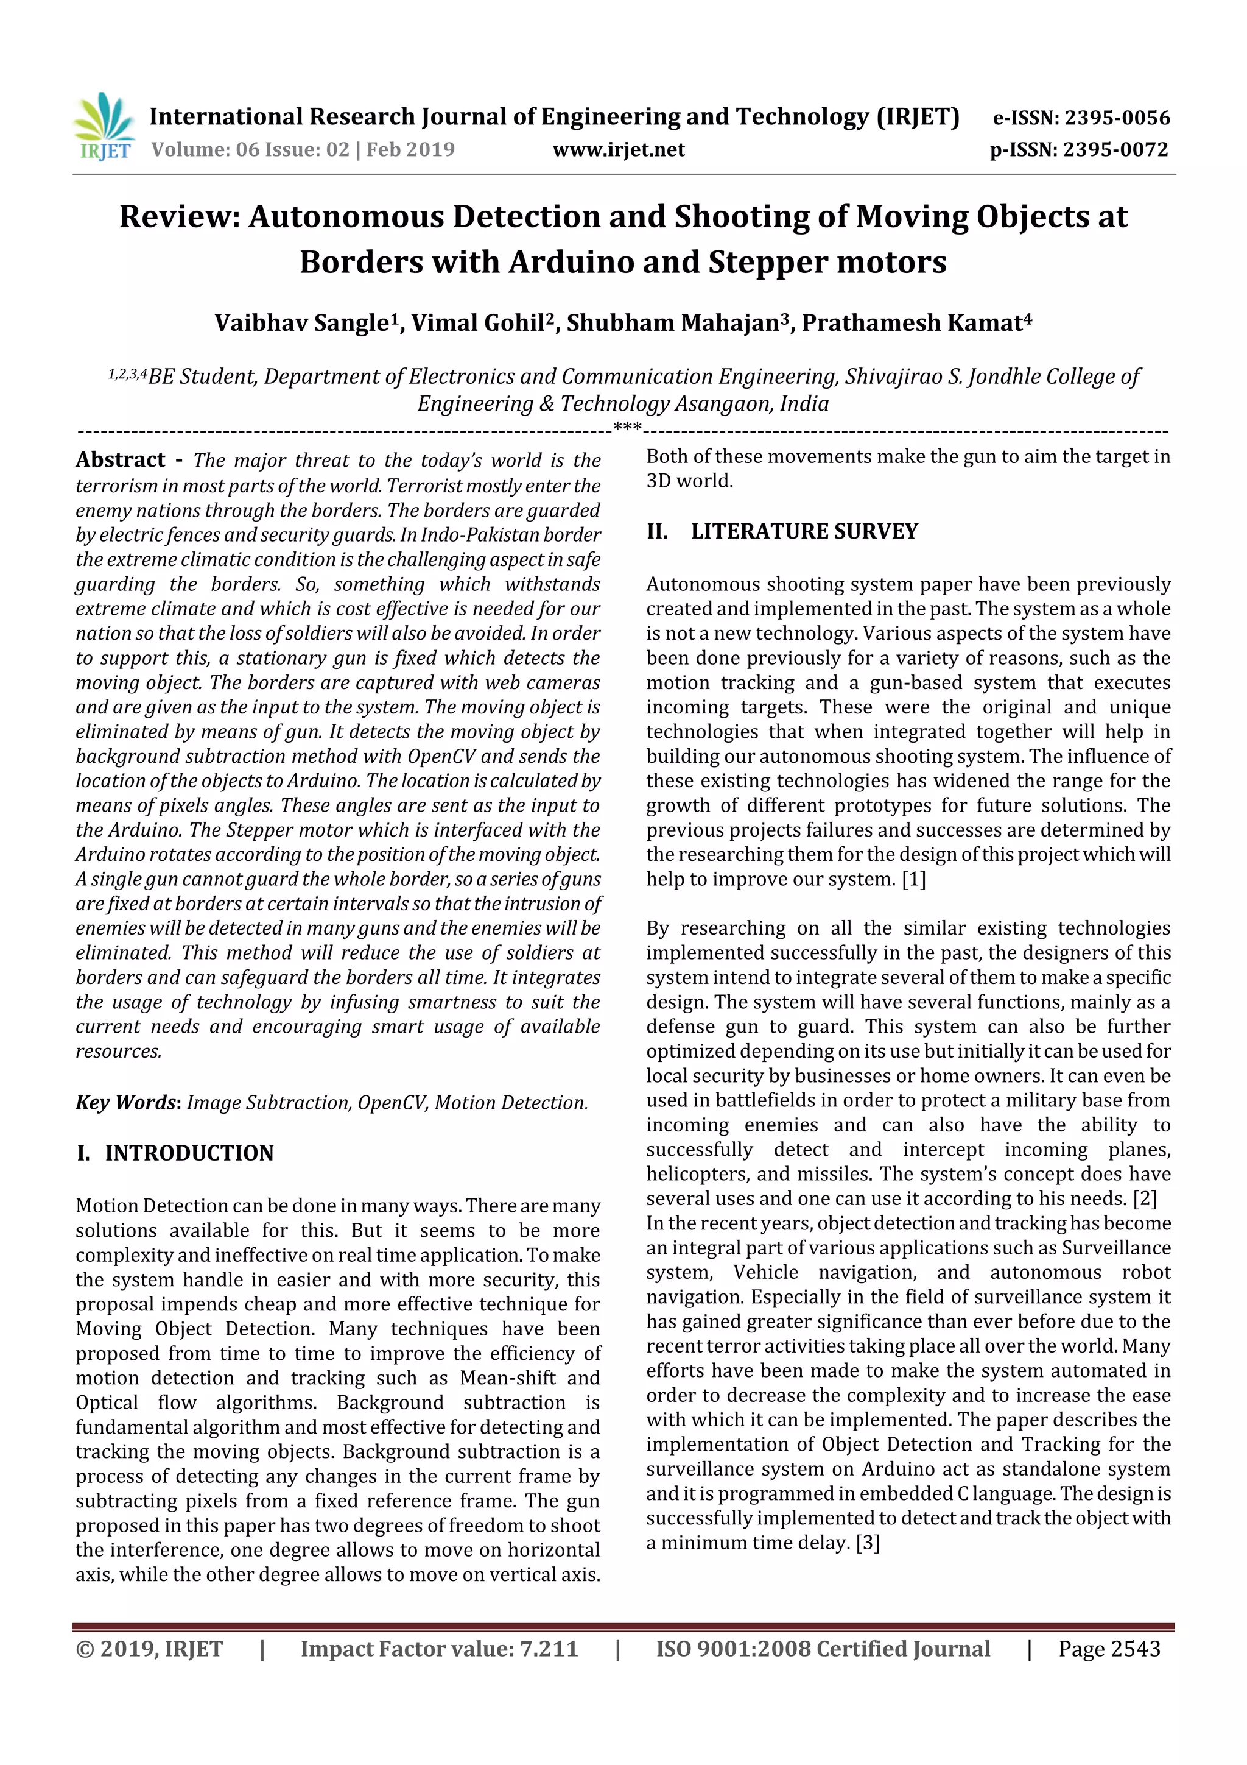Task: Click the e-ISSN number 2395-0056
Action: pos(1116,118)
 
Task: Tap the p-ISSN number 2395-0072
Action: pos(1115,149)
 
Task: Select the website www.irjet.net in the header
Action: pos(619,149)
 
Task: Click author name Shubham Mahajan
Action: pos(672,323)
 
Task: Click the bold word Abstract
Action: pos(121,460)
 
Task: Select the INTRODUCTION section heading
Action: pos(189,1153)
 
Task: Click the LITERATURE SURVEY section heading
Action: pos(804,531)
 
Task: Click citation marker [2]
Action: pos(1144,1198)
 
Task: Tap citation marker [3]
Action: pos(868,1542)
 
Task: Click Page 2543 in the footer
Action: pos(1109,1648)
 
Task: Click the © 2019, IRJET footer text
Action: pos(149,1648)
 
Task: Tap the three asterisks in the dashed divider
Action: pos(628,428)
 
